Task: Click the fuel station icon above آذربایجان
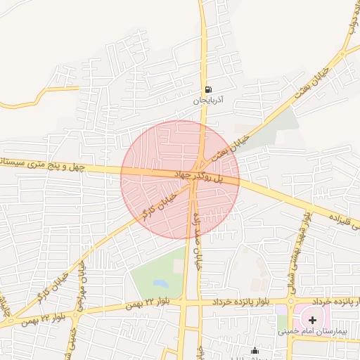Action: click(x=208, y=90)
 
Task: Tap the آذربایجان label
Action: click(x=208, y=101)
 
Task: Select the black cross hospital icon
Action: click(x=313, y=320)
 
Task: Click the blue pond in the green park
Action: click(x=160, y=284)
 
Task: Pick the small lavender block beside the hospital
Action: click(x=281, y=309)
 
